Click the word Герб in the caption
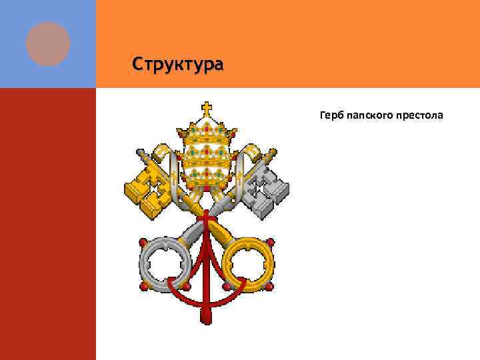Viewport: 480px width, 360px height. click(x=333, y=117)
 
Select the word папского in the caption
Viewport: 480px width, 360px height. click(x=374, y=117)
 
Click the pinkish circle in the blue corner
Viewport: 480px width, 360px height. click(x=48, y=43)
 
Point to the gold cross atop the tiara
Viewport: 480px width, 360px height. click(x=207, y=107)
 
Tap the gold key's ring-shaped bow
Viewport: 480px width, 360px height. click(x=247, y=261)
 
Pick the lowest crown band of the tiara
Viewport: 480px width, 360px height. click(x=207, y=176)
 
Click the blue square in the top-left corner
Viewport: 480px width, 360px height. click(x=48, y=44)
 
